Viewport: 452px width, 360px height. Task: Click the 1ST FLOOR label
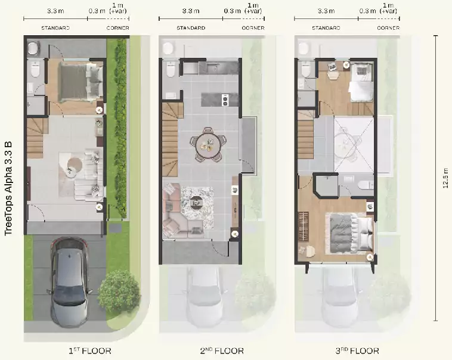89,351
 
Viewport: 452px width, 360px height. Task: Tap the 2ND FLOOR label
222,351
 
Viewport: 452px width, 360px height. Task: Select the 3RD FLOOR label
357,351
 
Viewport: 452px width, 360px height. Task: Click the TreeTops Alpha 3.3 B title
8,188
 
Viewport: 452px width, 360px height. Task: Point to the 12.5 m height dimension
445,178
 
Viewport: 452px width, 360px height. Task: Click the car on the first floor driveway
70,281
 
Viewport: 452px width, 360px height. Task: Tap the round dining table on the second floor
208,144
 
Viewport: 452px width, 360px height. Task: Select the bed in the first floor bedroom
81,82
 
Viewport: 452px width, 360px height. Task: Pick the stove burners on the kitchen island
225,100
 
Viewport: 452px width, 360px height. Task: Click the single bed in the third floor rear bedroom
361,82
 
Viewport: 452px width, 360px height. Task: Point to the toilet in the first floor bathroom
35,70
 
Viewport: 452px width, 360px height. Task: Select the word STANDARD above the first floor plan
55,28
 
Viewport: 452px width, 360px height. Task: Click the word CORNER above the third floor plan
388,28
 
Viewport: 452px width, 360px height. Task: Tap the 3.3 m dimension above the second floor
191,11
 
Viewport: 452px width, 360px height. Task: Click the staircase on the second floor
172,140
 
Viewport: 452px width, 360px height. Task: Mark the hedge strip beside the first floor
121,128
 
